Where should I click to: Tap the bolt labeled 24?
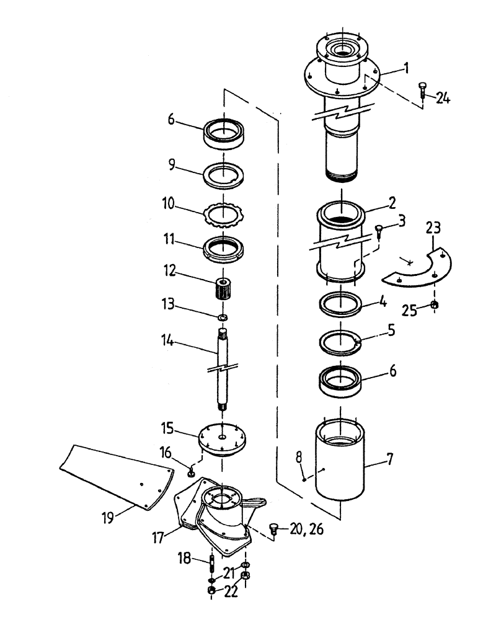click(x=423, y=90)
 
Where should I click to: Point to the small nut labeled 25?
click(x=435, y=305)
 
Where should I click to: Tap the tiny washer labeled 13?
click(x=223, y=318)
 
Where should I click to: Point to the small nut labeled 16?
click(x=192, y=474)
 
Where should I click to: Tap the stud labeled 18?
click(x=212, y=565)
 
